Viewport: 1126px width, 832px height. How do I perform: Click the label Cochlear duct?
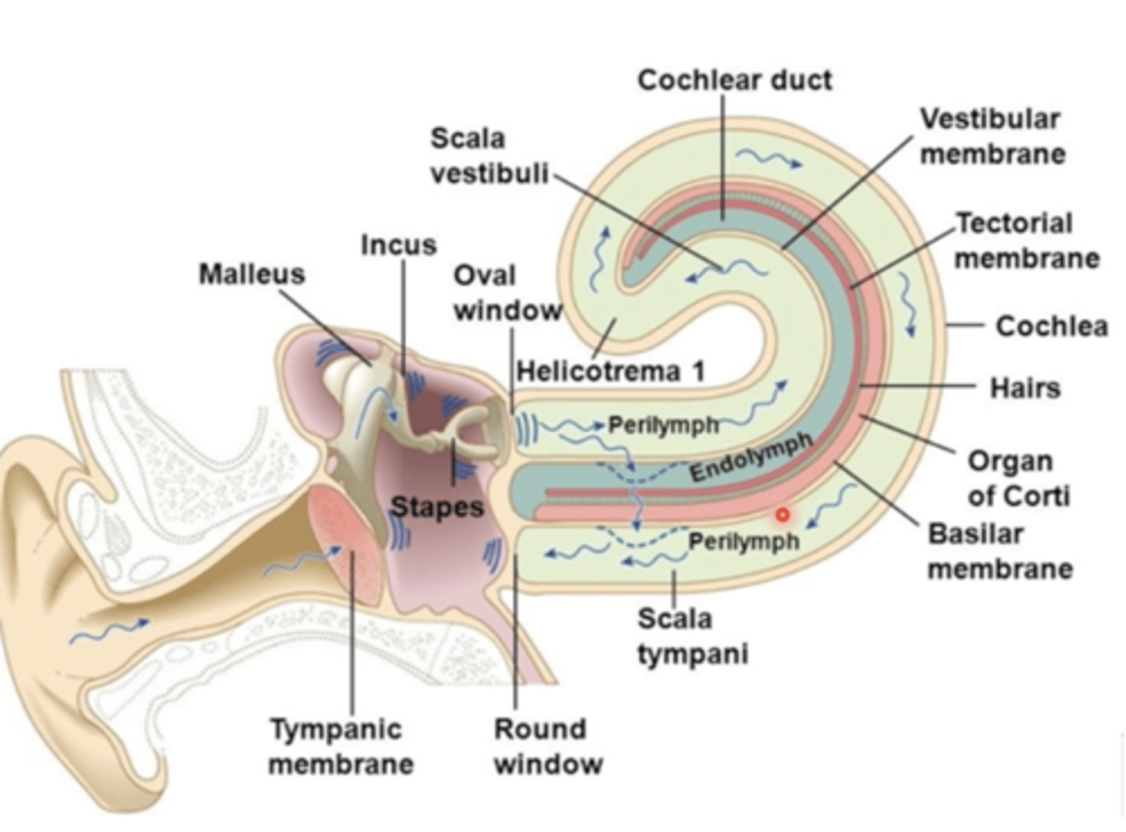(734, 80)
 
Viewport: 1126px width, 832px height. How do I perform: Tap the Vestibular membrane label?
(992, 136)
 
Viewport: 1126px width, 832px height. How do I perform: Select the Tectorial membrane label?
(1026, 241)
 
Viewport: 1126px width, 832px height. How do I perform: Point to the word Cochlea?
(1051, 326)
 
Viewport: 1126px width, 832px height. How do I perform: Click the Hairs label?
(1024, 387)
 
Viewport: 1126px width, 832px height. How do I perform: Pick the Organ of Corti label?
(1018, 478)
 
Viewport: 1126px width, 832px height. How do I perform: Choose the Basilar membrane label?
(999, 551)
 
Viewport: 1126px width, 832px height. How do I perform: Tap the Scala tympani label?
(692, 636)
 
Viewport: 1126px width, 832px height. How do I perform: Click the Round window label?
(547, 746)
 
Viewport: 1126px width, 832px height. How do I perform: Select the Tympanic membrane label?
(341, 746)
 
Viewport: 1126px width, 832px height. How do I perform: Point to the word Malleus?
(251, 274)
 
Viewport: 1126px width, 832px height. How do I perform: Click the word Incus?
(398, 245)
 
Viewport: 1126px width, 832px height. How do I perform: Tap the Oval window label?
(507, 293)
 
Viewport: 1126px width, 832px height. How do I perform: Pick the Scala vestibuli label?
(489, 155)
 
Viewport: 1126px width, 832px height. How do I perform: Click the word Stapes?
(437, 506)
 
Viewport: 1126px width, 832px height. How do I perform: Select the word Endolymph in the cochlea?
(751, 457)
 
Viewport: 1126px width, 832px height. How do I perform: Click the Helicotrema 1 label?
(611, 371)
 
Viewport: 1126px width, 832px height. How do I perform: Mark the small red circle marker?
(782, 514)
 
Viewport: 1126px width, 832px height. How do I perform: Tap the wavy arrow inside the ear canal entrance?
(109, 631)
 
